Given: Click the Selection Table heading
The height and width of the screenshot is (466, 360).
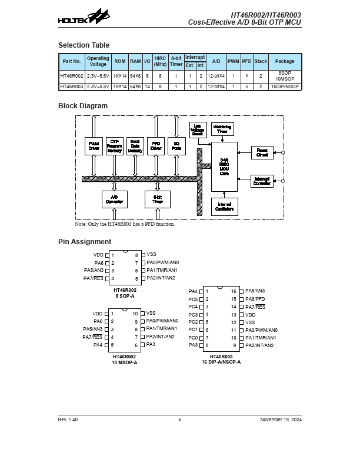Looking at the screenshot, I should click(x=84, y=45).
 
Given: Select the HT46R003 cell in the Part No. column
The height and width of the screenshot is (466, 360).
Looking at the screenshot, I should click(x=71, y=86).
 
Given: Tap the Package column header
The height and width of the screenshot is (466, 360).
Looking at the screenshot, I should click(x=285, y=61).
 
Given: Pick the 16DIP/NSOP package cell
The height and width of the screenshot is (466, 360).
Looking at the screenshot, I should click(x=285, y=86).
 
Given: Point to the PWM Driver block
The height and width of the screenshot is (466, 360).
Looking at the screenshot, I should click(x=94, y=147).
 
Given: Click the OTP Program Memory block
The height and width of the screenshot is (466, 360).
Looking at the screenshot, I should click(x=114, y=147).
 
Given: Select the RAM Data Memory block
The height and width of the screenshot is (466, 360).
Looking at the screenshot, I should click(x=135, y=147).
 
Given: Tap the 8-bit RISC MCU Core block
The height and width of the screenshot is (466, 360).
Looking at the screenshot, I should click(x=224, y=167).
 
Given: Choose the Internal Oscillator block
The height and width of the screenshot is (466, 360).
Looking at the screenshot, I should click(x=224, y=207).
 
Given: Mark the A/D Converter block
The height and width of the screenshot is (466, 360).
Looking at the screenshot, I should click(x=114, y=199).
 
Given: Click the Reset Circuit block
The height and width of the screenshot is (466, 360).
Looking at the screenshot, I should click(x=262, y=152).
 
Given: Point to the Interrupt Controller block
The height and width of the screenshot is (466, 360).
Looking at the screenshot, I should click(x=262, y=181).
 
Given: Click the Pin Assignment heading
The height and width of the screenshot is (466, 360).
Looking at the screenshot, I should click(x=85, y=242).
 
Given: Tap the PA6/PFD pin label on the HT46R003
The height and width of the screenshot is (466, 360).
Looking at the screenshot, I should click(x=255, y=299).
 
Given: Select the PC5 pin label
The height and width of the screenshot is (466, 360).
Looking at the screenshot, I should click(x=193, y=299).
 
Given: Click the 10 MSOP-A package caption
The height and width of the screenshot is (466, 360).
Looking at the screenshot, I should click(x=125, y=362).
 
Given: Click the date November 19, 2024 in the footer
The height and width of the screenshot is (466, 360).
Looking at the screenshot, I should click(x=281, y=420).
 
